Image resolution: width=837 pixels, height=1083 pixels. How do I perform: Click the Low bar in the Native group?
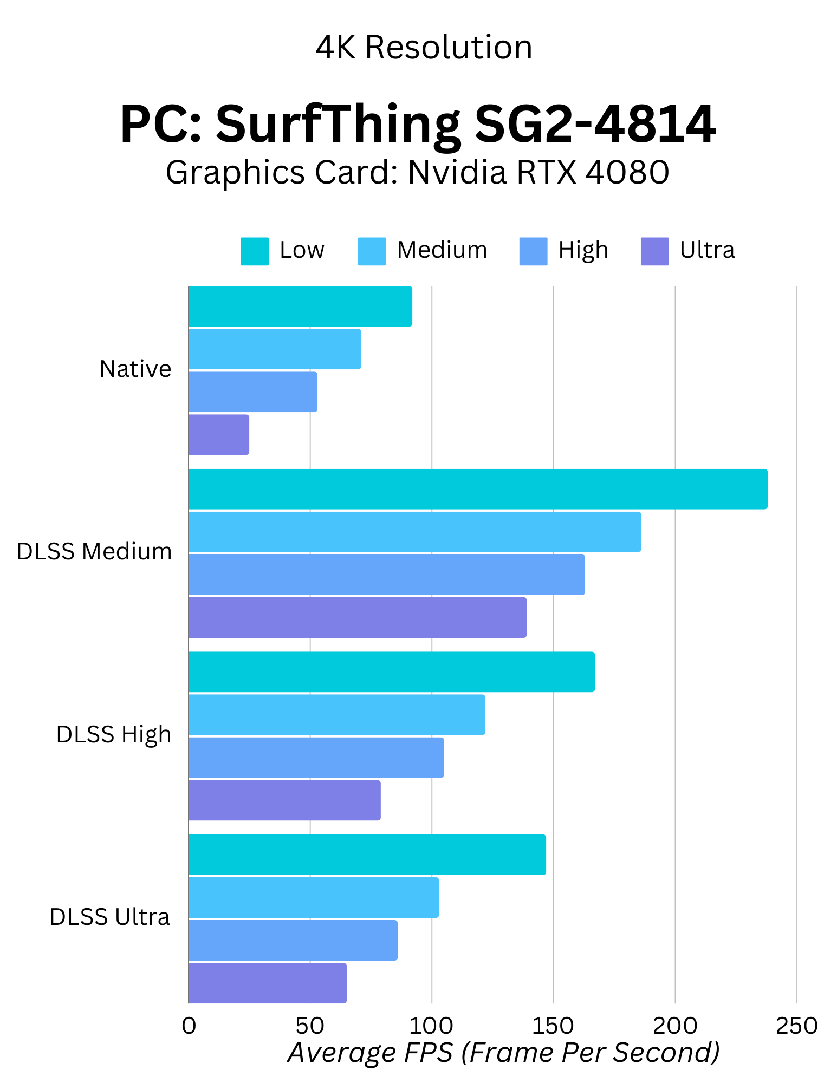click(x=300, y=306)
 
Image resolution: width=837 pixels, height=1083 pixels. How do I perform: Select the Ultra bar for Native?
click(x=219, y=435)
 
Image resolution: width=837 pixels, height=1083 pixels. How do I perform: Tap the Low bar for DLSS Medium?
click(x=478, y=490)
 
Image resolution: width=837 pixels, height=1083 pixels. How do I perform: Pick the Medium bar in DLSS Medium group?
click(x=414, y=532)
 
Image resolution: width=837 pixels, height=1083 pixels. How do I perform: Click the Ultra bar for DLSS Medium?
click(x=358, y=618)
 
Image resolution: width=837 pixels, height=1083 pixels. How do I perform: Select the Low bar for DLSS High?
click(x=391, y=672)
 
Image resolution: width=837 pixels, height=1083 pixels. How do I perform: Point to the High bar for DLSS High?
click(x=316, y=758)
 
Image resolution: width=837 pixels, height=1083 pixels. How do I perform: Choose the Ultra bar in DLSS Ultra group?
click(x=267, y=983)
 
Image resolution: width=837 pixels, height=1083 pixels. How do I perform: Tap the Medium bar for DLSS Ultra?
click(x=314, y=898)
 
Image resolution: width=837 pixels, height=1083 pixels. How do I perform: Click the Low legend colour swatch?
click(x=254, y=252)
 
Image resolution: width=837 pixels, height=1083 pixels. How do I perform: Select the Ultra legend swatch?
click(x=654, y=252)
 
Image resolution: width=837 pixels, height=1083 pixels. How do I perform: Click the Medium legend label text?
click(x=442, y=250)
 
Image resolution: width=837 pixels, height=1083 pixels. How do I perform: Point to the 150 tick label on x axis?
click(x=553, y=1026)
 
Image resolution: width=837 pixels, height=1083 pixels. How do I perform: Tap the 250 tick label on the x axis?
click(x=796, y=1026)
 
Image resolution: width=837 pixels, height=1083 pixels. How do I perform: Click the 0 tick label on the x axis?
click(x=189, y=1026)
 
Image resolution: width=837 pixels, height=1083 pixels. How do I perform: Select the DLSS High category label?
click(x=114, y=735)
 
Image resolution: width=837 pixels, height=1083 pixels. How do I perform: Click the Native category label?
click(x=135, y=369)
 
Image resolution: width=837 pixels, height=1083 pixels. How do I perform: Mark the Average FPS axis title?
click(x=504, y=1053)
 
